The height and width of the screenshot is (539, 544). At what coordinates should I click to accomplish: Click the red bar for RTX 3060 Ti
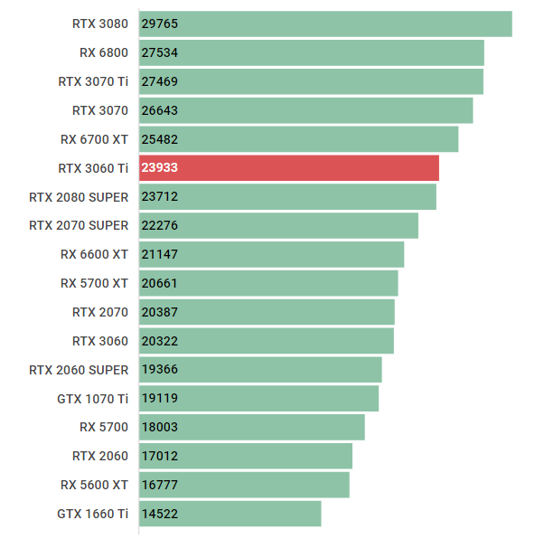(289, 168)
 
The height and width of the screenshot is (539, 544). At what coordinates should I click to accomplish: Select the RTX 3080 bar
(325, 24)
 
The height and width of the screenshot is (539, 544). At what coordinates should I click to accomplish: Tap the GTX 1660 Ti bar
(230, 514)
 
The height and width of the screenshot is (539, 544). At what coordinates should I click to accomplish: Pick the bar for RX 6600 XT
(271, 254)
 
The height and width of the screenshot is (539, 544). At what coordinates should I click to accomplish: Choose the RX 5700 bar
(252, 427)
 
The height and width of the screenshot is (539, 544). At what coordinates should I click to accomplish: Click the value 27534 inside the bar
(160, 52)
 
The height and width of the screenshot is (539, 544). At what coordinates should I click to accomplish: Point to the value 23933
(160, 168)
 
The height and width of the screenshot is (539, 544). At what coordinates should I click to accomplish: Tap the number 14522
(160, 514)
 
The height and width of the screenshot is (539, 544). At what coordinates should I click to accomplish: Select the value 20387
(160, 312)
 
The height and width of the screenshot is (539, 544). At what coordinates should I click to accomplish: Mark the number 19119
(160, 398)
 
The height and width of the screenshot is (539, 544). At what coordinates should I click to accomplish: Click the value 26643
(160, 110)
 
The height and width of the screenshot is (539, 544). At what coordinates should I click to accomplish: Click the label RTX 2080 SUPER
(79, 196)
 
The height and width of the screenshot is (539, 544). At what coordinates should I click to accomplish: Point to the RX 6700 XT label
(94, 139)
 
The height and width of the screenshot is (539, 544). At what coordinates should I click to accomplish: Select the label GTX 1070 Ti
(93, 398)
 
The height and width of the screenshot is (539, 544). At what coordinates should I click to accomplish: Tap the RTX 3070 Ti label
(93, 81)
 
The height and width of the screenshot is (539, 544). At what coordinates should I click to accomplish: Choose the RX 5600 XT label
(94, 485)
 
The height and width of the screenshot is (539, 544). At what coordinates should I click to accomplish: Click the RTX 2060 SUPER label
(79, 369)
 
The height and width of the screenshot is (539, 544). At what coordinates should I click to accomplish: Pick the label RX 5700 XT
(94, 283)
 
